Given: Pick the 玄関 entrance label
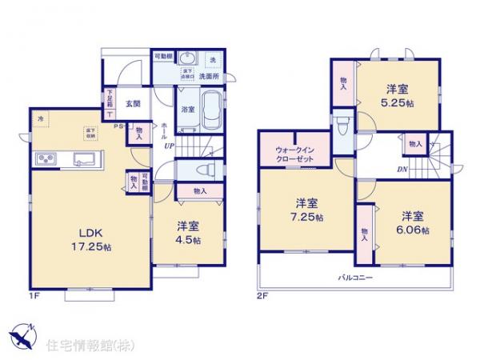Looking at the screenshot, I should click(x=133, y=103).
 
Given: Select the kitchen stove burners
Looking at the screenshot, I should click(x=45, y=160).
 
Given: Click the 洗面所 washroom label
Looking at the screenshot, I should click(x=209, y=76).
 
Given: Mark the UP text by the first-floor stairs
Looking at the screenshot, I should click(x=169, y=146).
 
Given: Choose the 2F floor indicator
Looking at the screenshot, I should click(x=262, y=295).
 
